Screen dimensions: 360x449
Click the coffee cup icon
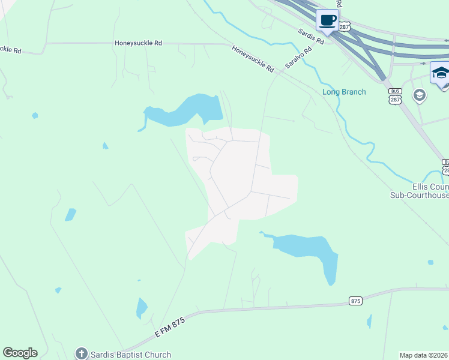(327, 20)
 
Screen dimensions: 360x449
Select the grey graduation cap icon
(420, 95)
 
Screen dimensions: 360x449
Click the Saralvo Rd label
(298, 58)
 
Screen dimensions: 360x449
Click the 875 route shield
(356, 301)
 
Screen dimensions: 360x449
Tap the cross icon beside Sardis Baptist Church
(81, 354)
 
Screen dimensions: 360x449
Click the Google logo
(20, 353)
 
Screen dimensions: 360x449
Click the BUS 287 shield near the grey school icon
(394, 95)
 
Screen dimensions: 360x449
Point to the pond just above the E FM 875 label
(142, 308)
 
